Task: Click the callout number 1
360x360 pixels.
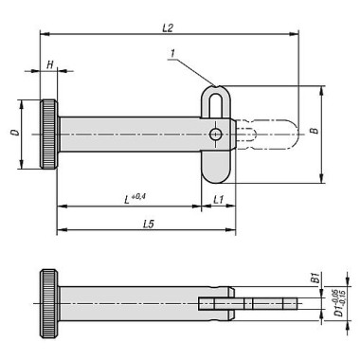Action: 173,57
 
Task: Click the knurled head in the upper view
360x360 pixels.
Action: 49,135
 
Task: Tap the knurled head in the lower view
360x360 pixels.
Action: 48,302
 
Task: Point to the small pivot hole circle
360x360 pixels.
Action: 218,135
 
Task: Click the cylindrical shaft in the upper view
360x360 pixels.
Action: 133,135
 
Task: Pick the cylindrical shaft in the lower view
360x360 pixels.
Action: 133,302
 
